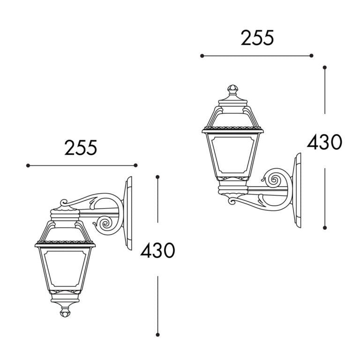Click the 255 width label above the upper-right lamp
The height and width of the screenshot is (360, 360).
pyautogui.click(x=257, y=38)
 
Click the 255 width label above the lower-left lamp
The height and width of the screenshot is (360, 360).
pyautogui.click(x=81, y=148)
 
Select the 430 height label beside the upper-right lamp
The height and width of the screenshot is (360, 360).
pyautogui.click(x=324, y=142)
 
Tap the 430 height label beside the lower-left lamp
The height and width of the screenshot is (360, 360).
pyautogui.click(x=157, y=251)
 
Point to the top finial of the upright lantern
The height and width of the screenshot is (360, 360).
pyautogui.click(x=232, y=89)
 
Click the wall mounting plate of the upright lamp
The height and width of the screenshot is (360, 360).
pyautogui.click(x=297, y=190)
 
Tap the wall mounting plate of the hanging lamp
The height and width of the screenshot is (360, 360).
pyautogui.click(x=128, y=213)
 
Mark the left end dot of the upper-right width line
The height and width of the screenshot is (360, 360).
pyautogui.click(x=202, y=56)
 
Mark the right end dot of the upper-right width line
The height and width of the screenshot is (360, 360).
pyautogui.click(x=311, y=56)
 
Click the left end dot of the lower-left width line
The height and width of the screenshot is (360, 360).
pyautogui.click(x=28, y=165)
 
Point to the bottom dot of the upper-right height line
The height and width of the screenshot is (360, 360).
pyautogui.click(x=325, y=228)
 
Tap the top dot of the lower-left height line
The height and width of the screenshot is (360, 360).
pyautogui.click(x=158, y=177)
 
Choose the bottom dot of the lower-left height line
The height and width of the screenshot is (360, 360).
pyautogui.click(x=158, y=335)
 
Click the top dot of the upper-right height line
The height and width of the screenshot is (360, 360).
pyautogui.click(x=325, y=67)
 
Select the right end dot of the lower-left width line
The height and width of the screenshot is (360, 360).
pyautogui.click(x=136, y=165)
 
